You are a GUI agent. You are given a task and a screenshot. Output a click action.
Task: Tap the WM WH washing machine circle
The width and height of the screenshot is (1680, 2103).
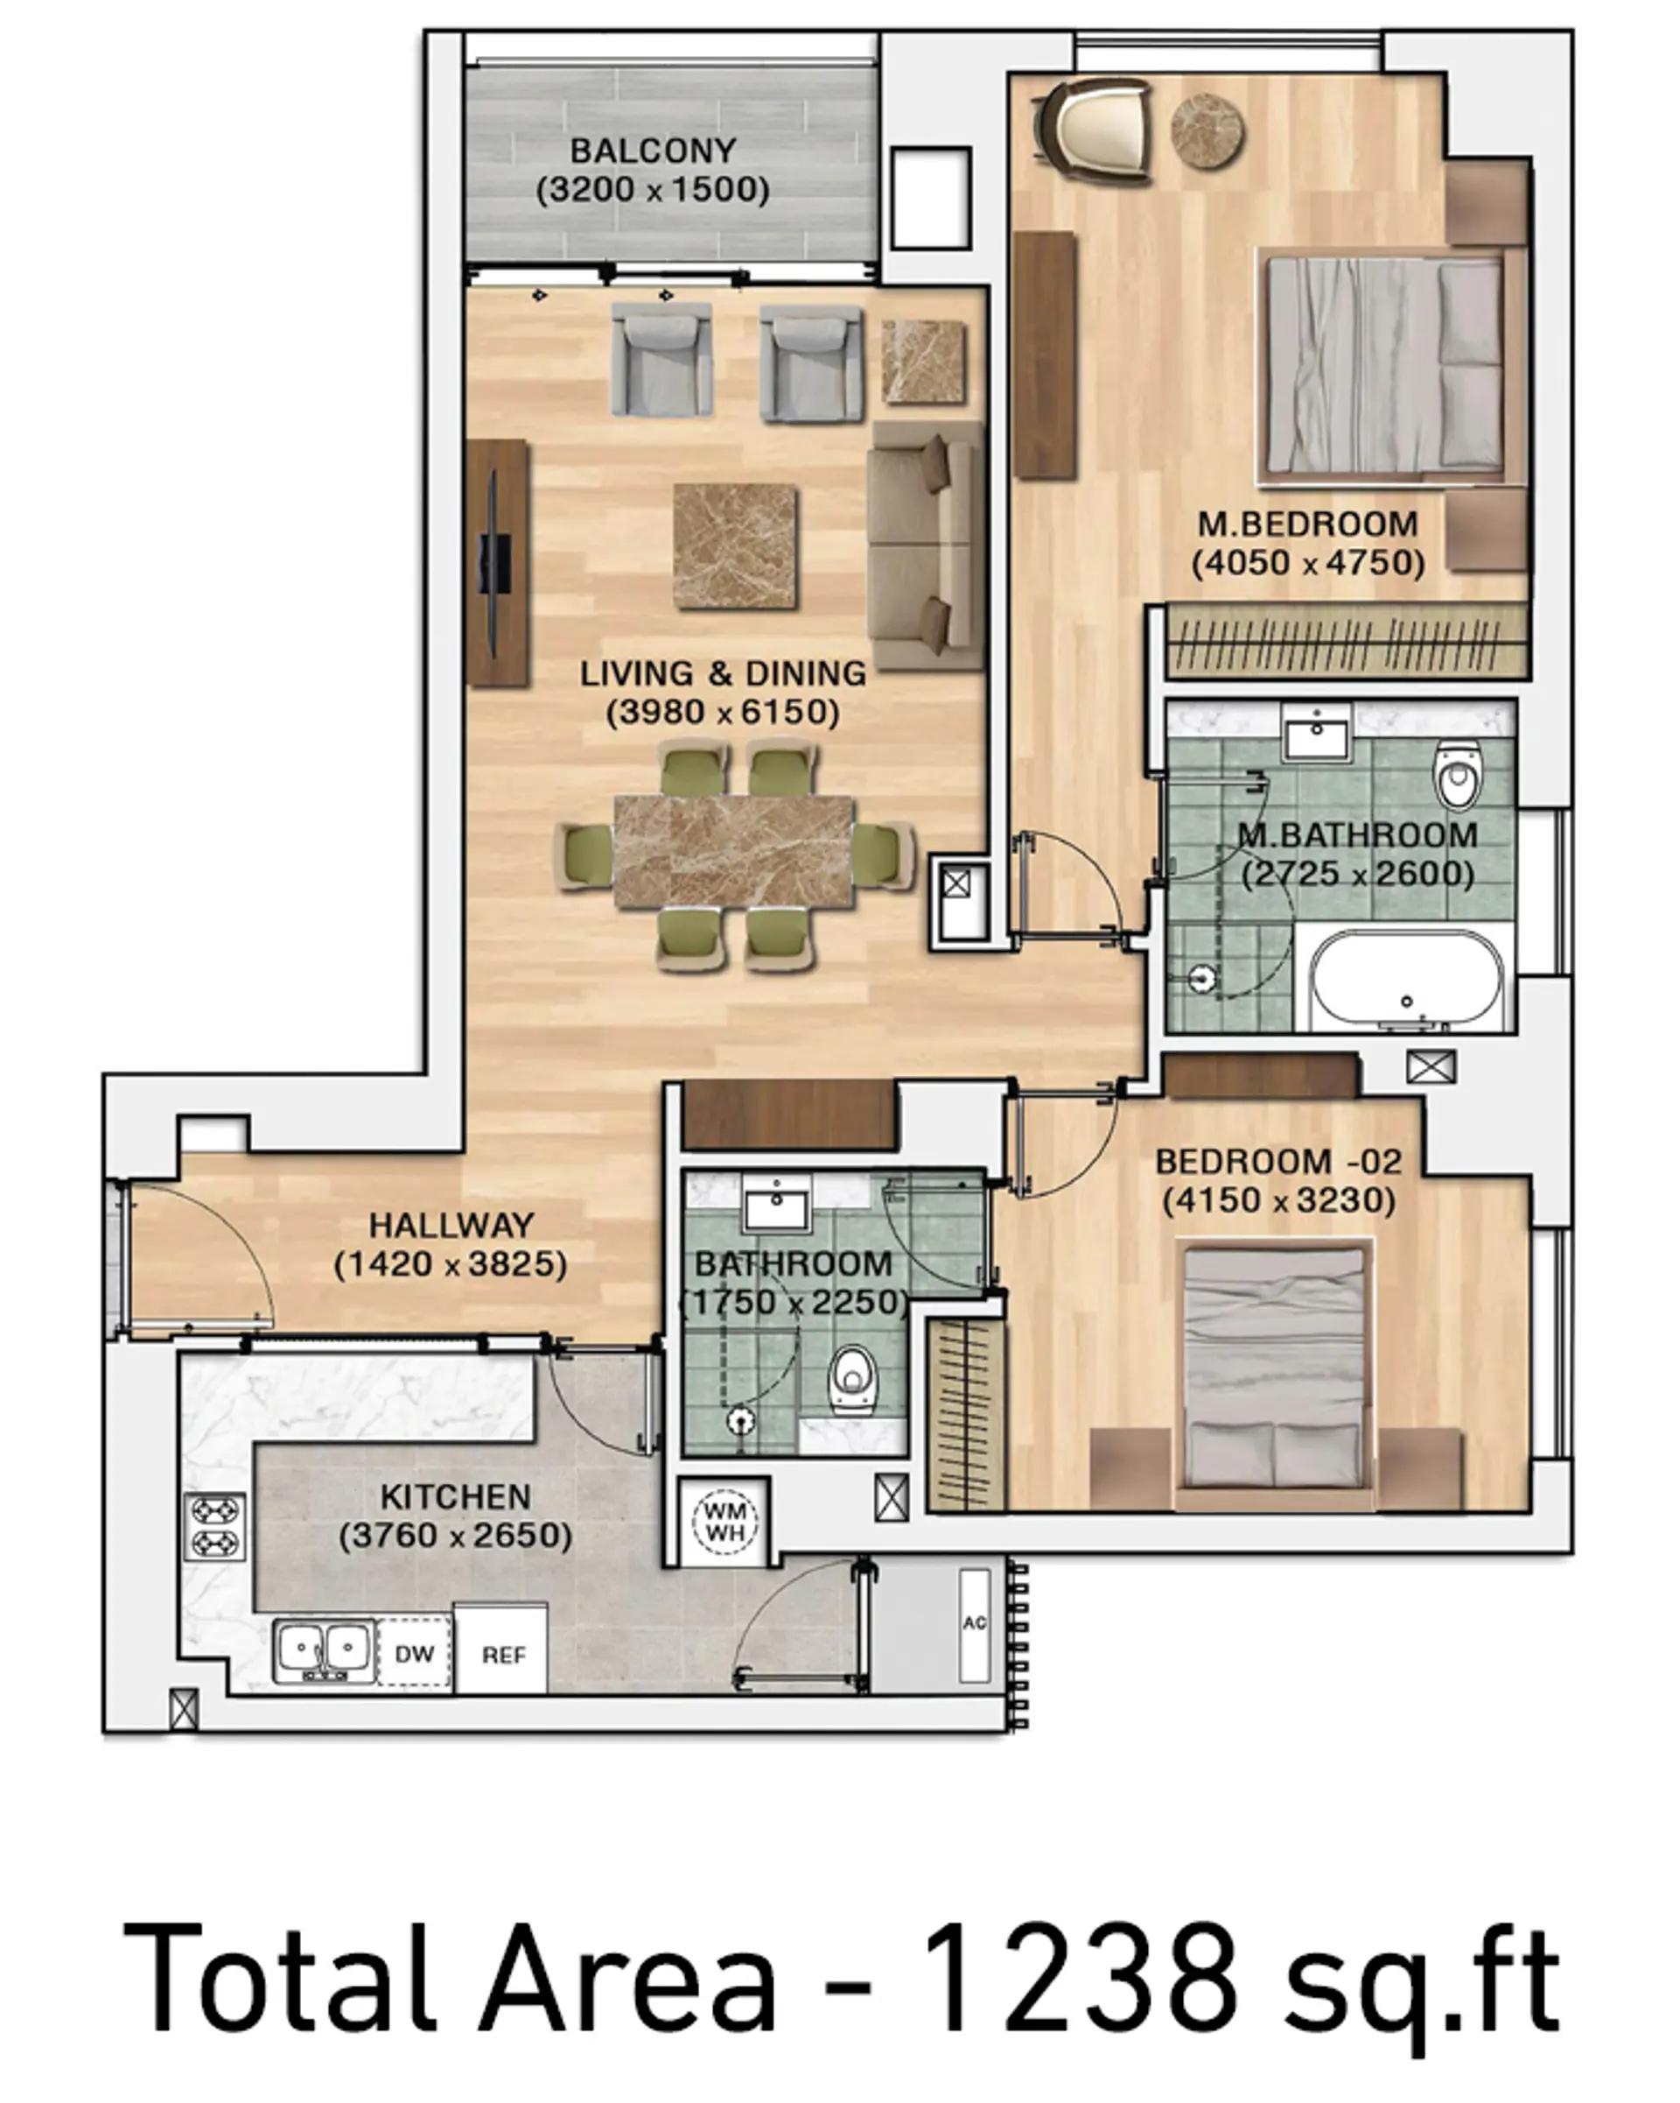coord(725,1521)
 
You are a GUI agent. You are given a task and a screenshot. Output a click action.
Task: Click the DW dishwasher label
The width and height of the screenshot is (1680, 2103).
coord(415,1653)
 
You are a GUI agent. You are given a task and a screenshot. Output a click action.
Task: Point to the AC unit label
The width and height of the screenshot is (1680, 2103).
coord(974,1623)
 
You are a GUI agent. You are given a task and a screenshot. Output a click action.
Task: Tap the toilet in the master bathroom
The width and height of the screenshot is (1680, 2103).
coord(1458,775)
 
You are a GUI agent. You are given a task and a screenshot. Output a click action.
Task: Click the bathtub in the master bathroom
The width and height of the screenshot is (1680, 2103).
coord(1406,980)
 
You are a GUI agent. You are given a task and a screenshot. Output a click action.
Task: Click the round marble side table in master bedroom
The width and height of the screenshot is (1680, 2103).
coord(1208,130)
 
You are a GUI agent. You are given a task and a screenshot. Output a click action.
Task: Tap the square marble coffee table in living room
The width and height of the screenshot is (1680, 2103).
coord(735,547)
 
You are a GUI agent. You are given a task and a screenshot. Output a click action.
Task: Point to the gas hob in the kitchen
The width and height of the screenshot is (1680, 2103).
coord(215,1527)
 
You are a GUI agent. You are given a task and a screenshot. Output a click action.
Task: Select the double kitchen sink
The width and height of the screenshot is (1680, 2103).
coord(324,1650)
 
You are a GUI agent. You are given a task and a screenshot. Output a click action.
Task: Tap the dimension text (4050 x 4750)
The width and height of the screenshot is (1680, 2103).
coord(1307,563)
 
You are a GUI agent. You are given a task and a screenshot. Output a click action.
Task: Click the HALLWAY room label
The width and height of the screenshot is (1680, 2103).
coord(451,1225)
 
